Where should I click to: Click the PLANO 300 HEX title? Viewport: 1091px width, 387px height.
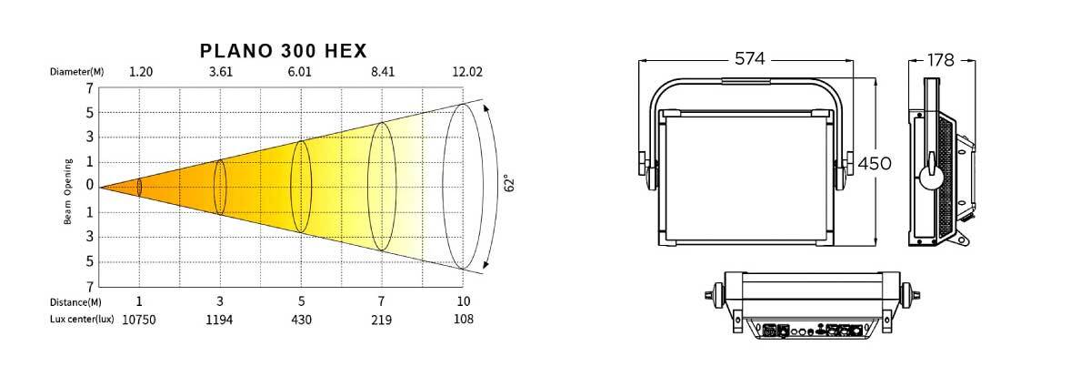click(283, 51)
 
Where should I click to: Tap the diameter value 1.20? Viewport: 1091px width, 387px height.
click(141, 72)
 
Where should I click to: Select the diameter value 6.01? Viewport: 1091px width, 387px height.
click(299, 72)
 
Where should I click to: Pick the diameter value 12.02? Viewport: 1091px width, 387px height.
click(467, 72)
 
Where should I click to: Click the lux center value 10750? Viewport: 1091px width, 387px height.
click(139, 320)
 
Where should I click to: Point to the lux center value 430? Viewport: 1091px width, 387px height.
click(301, 320)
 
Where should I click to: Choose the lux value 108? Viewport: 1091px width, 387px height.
click(463, 319)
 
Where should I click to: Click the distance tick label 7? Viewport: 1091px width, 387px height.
click(381, 300)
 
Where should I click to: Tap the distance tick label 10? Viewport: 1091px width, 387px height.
click(463, 300)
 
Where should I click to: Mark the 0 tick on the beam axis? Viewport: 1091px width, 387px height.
click(90, 185)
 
